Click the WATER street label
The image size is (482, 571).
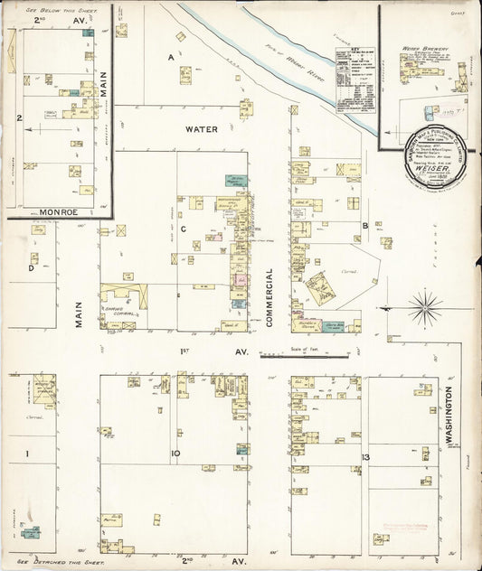[x=202, y=129]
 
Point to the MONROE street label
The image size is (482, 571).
[x=32, y=213]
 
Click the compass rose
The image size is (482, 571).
[x=425, y=307]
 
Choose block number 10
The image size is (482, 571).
[x=175, y=454]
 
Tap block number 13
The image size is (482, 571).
[x=365, y=458]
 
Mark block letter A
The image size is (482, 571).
[x=169, y=56]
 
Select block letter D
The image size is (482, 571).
[x=32, y=267]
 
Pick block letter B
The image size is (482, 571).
[x=364, y=226]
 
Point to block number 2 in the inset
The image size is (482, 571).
[x=18, y=117]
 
